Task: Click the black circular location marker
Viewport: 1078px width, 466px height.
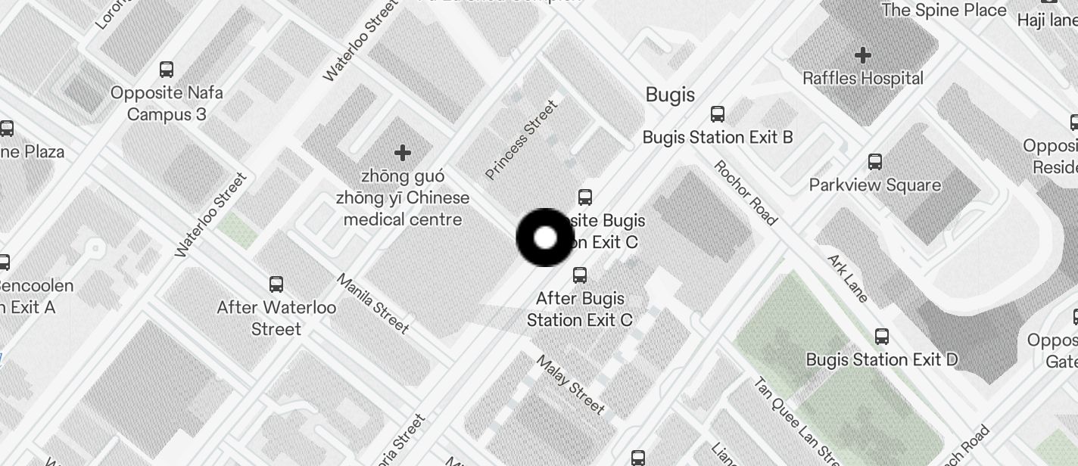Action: [x=545, y=238]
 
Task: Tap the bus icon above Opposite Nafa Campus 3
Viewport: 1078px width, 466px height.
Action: [x=167, y=70]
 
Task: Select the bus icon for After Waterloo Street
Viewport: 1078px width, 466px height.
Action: [x=276, y=284]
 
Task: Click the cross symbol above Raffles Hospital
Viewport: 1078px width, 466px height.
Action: [x=862, y=54]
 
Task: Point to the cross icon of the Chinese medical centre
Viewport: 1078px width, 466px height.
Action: [x=403, y=153]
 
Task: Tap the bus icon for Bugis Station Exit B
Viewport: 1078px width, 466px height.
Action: [x=717, y=114]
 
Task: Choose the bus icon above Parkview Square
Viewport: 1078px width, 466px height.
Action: [x=875, y=161]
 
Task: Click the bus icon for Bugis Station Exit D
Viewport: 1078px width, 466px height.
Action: [x=882, y=336]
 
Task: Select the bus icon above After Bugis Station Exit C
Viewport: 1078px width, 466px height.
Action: [x=580, y=275]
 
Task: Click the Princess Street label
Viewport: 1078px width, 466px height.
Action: [x=521, y=140]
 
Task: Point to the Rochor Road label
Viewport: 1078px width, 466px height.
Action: [x=745, y=192]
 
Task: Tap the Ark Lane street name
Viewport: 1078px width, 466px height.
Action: [x=848, y=278]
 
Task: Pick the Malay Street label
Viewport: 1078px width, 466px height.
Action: [x=571, y=384]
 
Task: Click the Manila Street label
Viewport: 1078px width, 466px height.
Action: [x=372, y=303]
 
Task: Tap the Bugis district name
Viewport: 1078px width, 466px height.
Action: [x=670, y=95]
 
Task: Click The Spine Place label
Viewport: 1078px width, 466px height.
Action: [x=943, y=10]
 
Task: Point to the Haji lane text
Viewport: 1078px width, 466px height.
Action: [x=1047, y=20]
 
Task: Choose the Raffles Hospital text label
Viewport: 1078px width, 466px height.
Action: [x=862, y=78]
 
